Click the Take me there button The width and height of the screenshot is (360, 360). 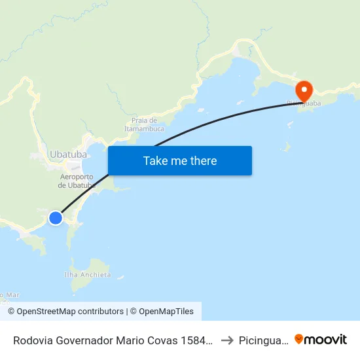[180, 160]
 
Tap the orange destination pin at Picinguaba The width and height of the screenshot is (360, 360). [304, 90]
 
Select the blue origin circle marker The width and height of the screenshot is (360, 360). [56, 218]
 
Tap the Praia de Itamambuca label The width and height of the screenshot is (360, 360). [143, 124]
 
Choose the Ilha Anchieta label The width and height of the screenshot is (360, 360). [87, 275]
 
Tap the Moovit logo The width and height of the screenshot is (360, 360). [321, 339]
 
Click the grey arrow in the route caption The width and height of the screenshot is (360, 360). [226, 340]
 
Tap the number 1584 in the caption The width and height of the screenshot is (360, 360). [198, 340]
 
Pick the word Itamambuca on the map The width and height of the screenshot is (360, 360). [143, 129]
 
